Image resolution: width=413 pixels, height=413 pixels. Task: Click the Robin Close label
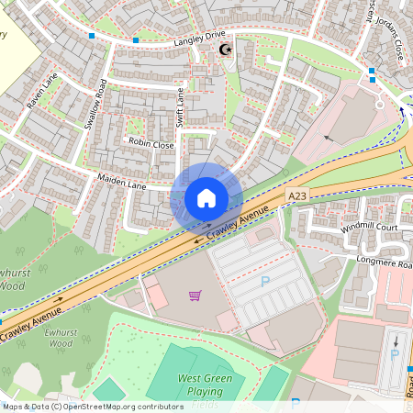[x=151, y=144]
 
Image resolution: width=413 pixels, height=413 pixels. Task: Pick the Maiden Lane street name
[x=123, y=184]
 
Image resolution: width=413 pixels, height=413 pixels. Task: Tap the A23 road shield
[x=296, y=196]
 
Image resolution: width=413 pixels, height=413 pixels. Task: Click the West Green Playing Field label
[x=205, y=385]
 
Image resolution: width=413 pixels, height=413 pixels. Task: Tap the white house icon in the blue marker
[x=206, y=197]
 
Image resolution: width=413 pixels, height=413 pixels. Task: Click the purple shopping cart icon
[x=195, y=296]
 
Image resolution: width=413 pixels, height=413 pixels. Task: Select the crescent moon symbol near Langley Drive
[x=223, y=50]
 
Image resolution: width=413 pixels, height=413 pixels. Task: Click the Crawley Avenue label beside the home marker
[x=238, y=224]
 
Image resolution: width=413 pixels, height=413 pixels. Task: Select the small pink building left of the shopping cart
[x=157, y=296]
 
